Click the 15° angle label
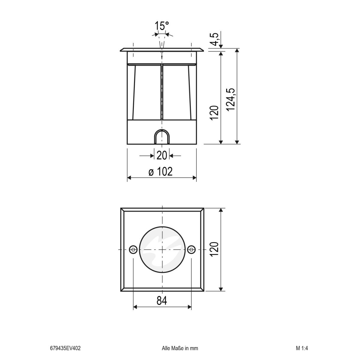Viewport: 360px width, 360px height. click(x=162, y=26)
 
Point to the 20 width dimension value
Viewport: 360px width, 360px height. click(x=162, y=155)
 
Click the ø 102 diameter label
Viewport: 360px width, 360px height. click(x=161, y=172)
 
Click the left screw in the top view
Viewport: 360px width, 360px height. click(x=133, y=249)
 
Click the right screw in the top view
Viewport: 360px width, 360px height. click(x=191, y=249)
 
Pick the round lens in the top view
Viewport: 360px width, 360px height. click(x=162, y=249)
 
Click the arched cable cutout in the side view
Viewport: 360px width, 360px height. click(x=162, y=137)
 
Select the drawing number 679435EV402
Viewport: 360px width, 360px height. click(x=65, y=348)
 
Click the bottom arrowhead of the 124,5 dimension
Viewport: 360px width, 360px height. click(x=237, y=142)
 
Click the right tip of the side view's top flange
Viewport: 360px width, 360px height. click(x=203, y=49)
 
